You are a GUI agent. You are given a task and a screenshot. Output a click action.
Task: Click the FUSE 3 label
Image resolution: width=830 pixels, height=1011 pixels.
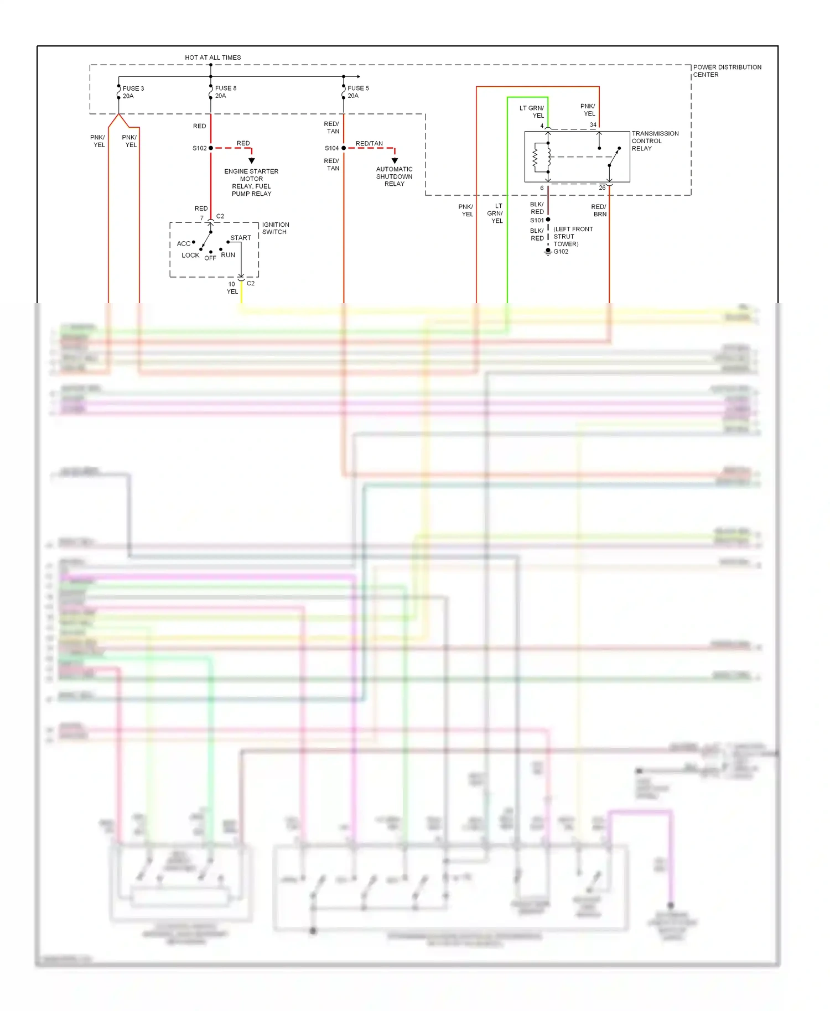point(133,88)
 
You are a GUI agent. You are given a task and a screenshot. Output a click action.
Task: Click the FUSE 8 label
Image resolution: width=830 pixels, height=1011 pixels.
point(225,88)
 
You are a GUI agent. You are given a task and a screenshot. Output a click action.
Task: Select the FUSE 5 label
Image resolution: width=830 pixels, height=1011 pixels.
point(358,88)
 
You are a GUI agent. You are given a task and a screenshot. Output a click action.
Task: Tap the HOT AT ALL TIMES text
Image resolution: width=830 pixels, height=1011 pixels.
point(212,58)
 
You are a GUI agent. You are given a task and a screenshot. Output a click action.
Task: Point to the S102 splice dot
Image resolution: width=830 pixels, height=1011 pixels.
point(211,148)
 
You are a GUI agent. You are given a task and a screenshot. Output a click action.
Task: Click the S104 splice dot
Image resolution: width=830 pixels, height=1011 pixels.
point(344,148)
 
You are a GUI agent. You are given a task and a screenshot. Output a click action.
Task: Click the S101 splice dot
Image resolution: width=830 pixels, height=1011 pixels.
point(548,220)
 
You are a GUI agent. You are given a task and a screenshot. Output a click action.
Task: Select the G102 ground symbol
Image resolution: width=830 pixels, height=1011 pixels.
point(548,251)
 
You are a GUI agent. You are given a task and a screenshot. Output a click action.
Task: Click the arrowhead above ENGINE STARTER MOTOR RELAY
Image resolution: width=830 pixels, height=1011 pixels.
point(252,160)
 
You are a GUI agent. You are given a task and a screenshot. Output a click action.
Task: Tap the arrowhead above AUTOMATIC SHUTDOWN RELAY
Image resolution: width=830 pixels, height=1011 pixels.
point(395,160)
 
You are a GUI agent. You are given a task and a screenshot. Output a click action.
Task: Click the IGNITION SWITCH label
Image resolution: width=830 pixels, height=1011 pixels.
point(275,228)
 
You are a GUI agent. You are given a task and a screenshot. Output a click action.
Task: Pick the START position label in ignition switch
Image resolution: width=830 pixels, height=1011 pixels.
point(241,238)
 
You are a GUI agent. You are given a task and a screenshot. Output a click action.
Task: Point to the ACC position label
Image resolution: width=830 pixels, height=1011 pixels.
point(183,244)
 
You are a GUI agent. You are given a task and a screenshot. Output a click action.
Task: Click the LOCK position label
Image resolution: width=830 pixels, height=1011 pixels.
point(190,256)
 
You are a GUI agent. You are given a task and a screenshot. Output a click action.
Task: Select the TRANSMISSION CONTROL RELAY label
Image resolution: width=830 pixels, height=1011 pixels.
point(655,141)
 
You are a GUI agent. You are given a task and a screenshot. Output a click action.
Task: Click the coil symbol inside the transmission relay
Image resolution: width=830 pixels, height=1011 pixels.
point(535,158)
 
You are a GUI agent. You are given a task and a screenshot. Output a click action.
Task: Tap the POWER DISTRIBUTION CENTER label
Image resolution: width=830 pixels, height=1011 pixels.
point(727,71)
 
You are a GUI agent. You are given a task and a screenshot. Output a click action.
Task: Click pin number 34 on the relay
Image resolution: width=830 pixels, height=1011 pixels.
point(593,125)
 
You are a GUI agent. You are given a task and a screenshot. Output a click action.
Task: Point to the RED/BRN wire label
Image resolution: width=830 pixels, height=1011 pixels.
point(599,211)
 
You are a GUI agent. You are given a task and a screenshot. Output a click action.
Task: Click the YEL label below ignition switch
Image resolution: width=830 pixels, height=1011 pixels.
point(232,291)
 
